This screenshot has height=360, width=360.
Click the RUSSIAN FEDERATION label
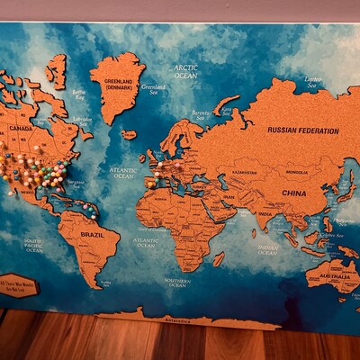pyautogui.click(x=301, y=130)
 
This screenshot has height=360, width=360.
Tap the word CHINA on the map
pyautogui.click(x=293, y=193)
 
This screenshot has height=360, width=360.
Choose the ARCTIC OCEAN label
pyautogui.click(x=185, y=72)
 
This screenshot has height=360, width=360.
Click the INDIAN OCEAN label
pyautogui.click(x=267, y=249)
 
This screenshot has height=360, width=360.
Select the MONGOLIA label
pyautogui.click(x=296, y=172)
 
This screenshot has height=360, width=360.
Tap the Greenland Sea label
pyautogui.click(x=155, y=88)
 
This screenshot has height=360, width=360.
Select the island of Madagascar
pyautogui.click(x=219, y=258)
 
